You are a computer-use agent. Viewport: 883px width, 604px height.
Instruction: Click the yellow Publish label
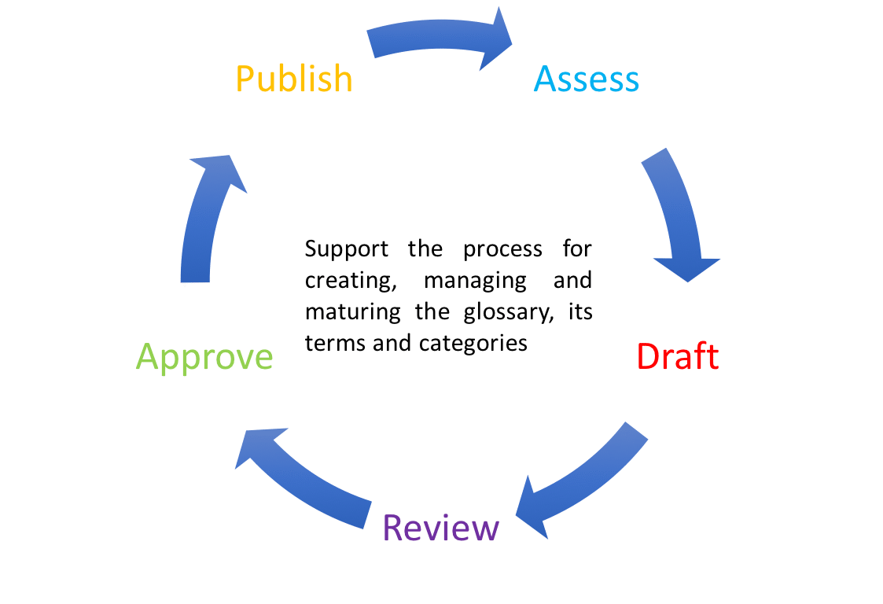tap(294, 79)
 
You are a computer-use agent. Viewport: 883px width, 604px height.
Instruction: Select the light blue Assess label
tap(587, 79)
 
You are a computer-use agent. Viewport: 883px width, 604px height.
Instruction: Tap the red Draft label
tap(677, 357)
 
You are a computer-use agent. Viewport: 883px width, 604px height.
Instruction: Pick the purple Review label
tap(441, 528)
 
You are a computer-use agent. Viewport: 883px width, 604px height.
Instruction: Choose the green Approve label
tap(204, 357)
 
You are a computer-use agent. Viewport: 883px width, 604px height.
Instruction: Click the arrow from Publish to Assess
tap(440, 39)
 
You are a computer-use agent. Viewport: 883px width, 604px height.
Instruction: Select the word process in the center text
tap(502, 250)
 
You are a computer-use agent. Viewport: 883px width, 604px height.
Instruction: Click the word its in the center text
tap(580, 313)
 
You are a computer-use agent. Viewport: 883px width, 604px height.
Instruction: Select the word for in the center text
tap(577, 250)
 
